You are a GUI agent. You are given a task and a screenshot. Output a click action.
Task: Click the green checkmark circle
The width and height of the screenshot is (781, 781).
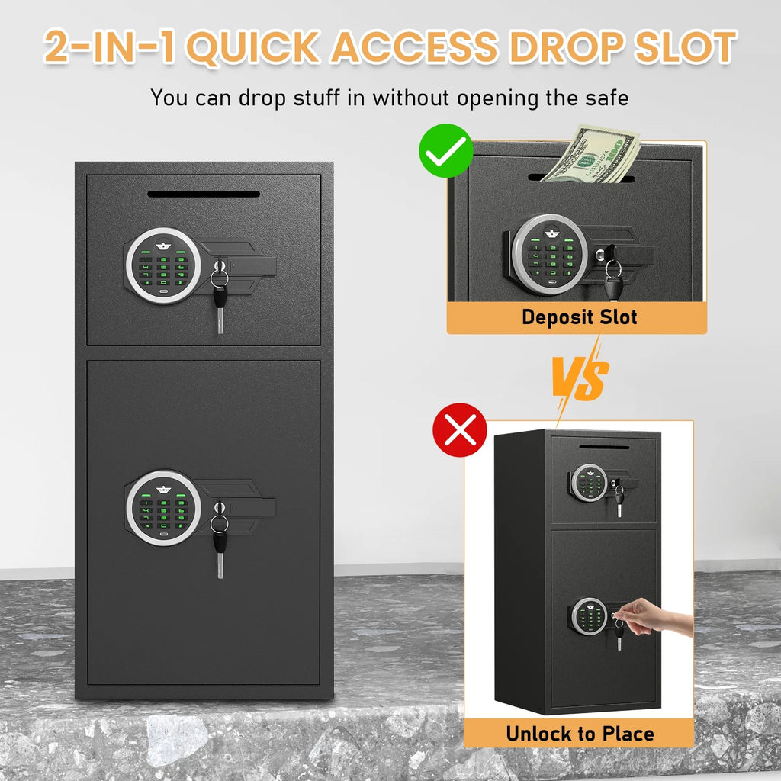click(x=445, y=150)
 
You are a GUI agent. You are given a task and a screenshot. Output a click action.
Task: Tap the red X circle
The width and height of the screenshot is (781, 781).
click(x=460, y=430)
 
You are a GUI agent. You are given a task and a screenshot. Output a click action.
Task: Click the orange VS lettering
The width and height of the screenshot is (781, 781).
click(x=580, y=378)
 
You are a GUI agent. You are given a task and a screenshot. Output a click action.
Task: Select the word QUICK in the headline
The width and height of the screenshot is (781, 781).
click(x=253, y=47)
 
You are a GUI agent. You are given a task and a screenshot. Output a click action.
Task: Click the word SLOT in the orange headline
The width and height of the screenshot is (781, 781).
click(x=685, y=47)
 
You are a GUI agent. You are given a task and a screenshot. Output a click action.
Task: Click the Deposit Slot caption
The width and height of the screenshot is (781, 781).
click(x=580, y=317)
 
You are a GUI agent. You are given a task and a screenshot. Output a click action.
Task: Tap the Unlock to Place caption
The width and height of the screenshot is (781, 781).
click(x=580, y=734)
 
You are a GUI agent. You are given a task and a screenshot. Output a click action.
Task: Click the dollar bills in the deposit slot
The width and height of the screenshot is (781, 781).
click(x=591, y=154)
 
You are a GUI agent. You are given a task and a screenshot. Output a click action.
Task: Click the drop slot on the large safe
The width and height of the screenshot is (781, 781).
click(x=204, y=194)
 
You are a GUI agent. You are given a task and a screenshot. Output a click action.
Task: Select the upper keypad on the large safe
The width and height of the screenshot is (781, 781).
click(x=163, y=265)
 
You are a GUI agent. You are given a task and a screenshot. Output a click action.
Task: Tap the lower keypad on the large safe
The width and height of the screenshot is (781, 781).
click(x=163, y=508)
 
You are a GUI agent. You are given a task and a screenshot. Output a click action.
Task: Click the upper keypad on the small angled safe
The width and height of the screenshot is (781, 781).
click(x=590, y=482)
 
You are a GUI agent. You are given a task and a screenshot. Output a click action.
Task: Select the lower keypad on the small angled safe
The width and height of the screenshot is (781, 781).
click(x=590, y=616)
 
